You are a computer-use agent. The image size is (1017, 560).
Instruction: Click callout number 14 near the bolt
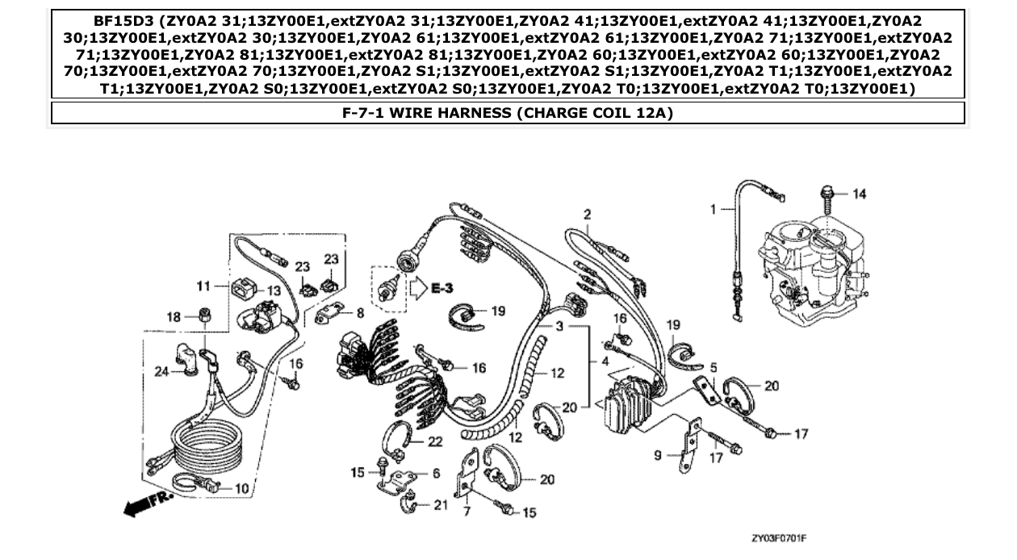coord(859,194)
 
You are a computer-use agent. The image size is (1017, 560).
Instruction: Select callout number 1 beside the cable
coord(714,209)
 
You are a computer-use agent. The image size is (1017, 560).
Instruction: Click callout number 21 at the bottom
coord(441,506)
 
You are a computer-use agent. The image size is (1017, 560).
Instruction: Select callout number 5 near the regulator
coord(713,368)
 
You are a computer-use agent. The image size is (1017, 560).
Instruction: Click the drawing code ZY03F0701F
coord(779,537)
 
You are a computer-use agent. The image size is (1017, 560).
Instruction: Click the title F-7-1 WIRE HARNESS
coord(508,113)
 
